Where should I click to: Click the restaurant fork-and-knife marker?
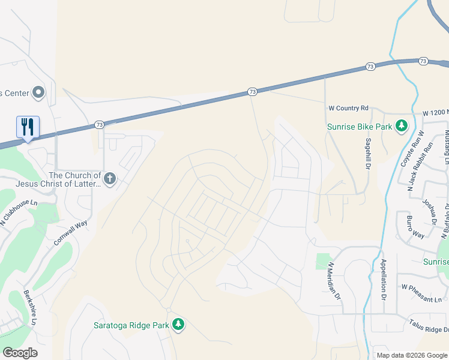(28, 127)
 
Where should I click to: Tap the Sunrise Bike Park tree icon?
(402, 126)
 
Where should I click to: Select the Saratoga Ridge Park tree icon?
(178, 325)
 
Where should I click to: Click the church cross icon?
(109, 178)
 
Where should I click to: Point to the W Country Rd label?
(348, 109)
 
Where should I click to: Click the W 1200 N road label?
(435, 113)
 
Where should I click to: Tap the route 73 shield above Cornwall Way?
(100, 125)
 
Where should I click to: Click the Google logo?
(20, 353)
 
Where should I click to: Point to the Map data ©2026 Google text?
(411, 355)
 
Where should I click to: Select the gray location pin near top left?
(39, 92)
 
